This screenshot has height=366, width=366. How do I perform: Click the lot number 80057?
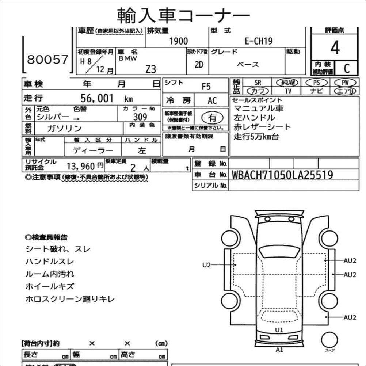pyautogui.click(x=48, y=60)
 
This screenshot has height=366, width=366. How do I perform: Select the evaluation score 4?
pyautogui.click(x=335, y=48)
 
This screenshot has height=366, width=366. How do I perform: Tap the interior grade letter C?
pyautogui.click(x=346, y=68)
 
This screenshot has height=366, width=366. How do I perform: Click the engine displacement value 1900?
pyautogui.click(x=179, y=41)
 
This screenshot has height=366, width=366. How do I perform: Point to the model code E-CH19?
pyautogui.click(x=258, y=41)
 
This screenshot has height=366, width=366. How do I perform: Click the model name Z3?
pyautogui.click(x=150, y=69)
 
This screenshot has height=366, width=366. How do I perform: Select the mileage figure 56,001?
pyautogui.click(x=97, y=98)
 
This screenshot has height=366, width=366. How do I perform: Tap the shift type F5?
pyautogui.click(x=206, y=87)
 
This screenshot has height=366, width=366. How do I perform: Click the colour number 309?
pyautogui.click(x=140, y=117)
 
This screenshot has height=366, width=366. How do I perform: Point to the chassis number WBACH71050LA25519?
pyautogui.click(x=282, y=175)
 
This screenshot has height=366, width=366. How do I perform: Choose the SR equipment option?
pyautogui.click(x=258, y=83)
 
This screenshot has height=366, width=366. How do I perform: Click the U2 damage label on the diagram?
pyautogui.click(x=207, y=265)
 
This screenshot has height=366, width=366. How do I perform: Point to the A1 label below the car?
pyautogui.click(x=279, y=350)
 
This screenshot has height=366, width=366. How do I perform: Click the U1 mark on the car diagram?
pyautogui.click(x=279, y=330)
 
